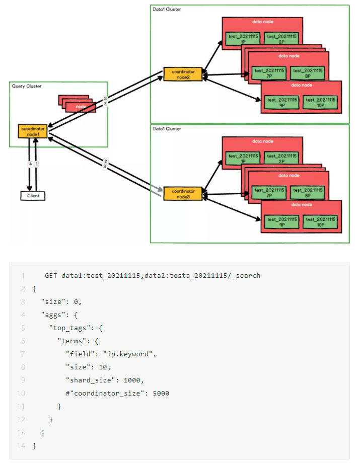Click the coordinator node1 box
pyautogui.click(x=33, y=131)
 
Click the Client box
pyautogui.click(x=33, y=196)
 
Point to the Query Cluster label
pyautogui.click(x=27, y=86)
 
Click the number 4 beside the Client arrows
pyautogui.click(x=30, y=164)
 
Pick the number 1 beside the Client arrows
pyautogui.click(x=37, y=164)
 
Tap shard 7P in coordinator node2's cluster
pyautogui.click(x=269, y=73)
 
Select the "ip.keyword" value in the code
pyautogui.click(x=129, y=354)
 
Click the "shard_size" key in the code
pyautogui.click(x=88, y=380)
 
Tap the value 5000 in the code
pyautogui.click(x=161, y=394)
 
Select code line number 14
pyautogui.click(x=22, y=446)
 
